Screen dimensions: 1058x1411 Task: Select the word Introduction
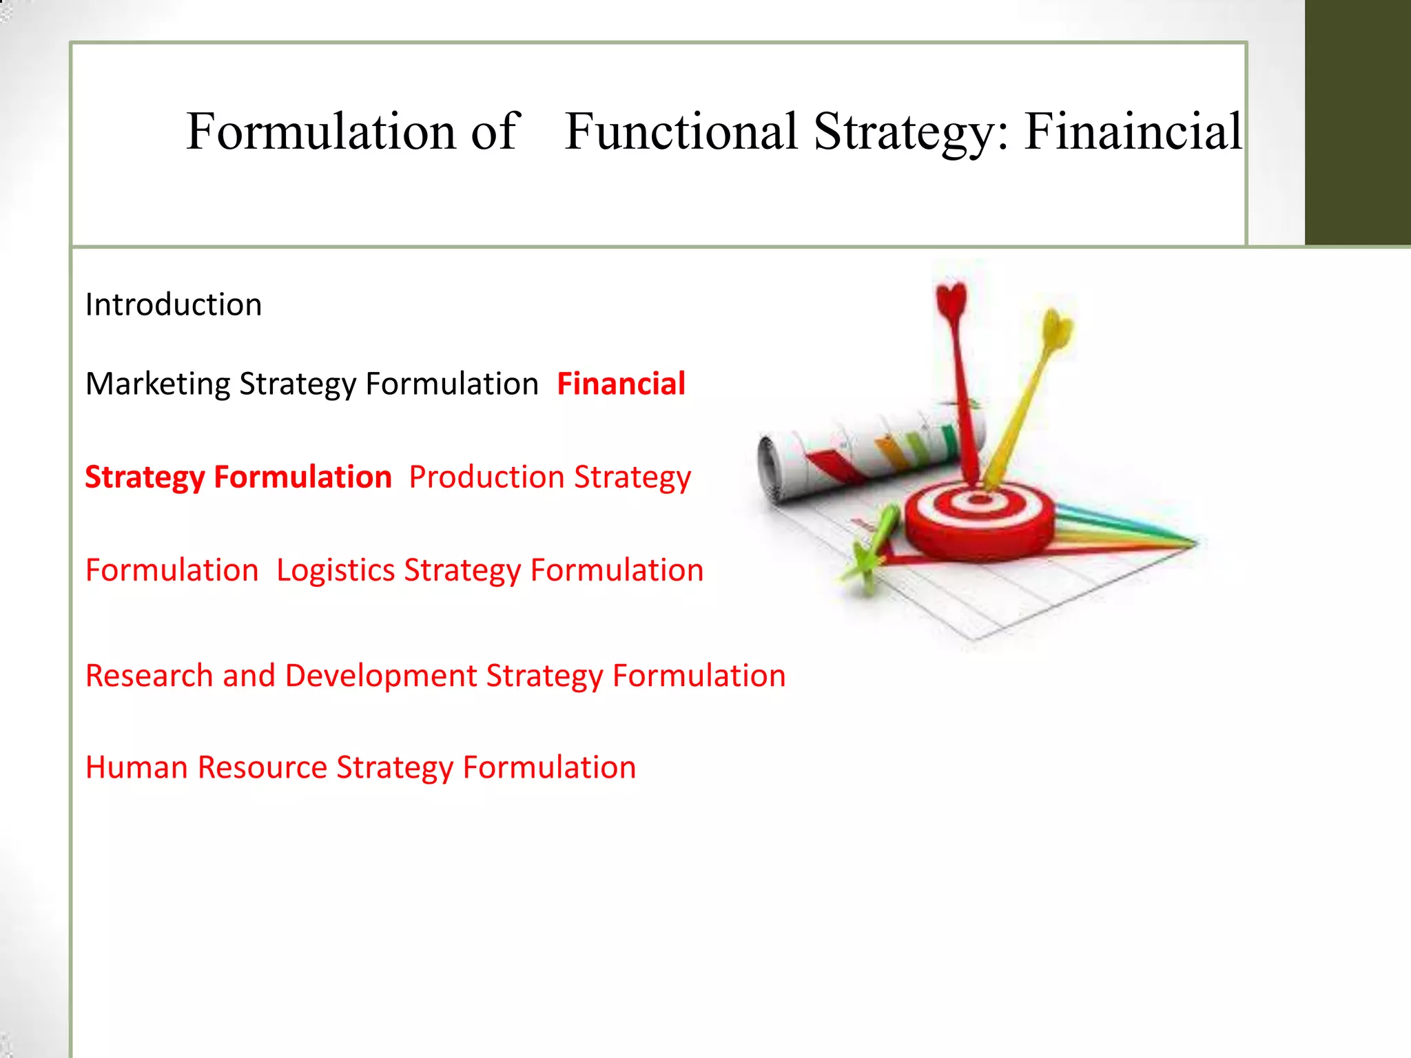coord(174,305)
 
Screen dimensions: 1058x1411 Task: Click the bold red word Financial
coord(621,384)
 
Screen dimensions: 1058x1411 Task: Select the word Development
coord(381,676)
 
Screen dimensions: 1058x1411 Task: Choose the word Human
coord(136,767)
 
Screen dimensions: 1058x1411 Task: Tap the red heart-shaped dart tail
coord(952,300)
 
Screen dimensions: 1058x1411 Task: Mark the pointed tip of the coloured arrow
coord(1196,543)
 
